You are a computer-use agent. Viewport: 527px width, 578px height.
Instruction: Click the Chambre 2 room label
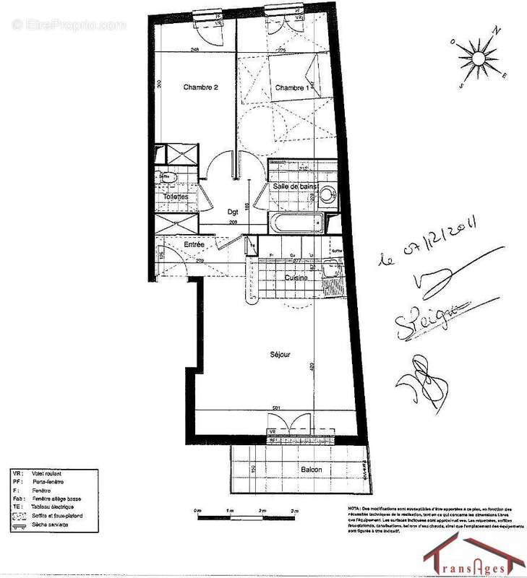200,87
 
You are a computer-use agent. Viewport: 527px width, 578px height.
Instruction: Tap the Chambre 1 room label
291,87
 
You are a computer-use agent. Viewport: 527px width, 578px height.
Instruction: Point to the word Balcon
312,470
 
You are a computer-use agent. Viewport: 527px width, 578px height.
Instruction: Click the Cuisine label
296,277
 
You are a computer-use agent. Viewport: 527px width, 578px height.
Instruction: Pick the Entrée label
194,246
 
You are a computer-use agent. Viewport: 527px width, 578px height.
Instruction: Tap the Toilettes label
176,197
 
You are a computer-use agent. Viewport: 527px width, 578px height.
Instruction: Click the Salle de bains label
296,186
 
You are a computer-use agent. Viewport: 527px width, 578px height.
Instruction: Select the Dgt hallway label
233,212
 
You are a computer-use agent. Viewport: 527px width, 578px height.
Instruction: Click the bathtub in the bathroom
297,223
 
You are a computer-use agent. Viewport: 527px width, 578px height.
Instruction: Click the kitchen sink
333,270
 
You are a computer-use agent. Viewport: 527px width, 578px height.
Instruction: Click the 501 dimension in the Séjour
275,408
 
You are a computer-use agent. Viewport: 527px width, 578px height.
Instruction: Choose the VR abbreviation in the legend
17,473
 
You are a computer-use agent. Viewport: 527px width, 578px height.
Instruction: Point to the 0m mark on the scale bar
197,511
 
